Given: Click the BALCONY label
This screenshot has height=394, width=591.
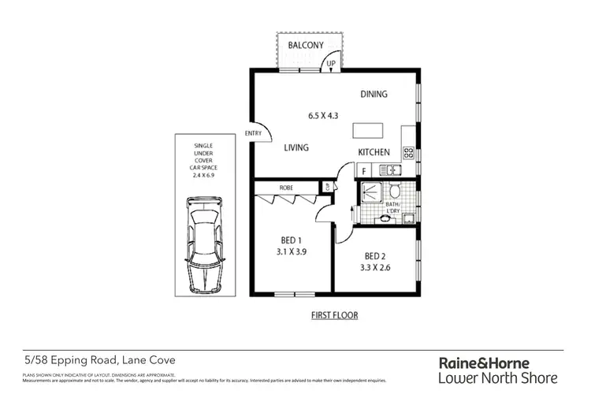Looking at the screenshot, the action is (x=306, y=45).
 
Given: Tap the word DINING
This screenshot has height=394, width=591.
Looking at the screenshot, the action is (x=374, y=95).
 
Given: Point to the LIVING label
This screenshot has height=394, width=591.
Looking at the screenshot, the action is (x=297, y=147).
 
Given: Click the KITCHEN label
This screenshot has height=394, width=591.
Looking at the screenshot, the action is (x=375, y=151).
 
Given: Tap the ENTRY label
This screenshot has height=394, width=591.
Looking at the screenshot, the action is (x=254, y=133).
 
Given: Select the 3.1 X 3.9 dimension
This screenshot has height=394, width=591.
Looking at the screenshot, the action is (x=292, y=254).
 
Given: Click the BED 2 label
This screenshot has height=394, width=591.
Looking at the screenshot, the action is (x=375, y=257).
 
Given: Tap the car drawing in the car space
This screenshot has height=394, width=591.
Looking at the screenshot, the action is (x=204, y=238).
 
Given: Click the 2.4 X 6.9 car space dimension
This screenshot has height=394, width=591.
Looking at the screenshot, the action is (x=204, y=175).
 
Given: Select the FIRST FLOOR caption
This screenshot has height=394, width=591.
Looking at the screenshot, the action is (x=333, y=316).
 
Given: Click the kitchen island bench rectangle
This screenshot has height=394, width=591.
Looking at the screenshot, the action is (x=363, y=130).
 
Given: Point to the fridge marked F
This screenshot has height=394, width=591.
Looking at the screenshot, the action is (x=363, y=169).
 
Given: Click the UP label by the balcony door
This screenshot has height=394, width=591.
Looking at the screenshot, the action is (x=331, y=63).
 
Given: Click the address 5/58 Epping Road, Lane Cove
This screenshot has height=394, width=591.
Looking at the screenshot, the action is (x=98, y=359).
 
